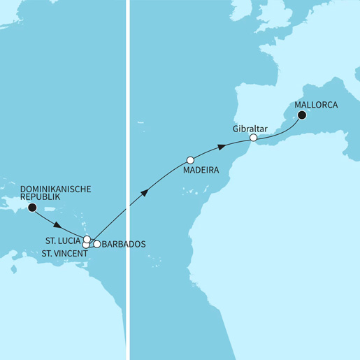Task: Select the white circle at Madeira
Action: click(190, 159)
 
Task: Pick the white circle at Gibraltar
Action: click(254, 138)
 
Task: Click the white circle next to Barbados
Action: click(97, 244)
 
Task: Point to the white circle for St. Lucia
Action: click(87, 240)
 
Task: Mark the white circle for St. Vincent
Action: click(87, 245)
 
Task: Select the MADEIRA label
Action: click(201, 170)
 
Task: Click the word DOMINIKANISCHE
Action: click(62, 189)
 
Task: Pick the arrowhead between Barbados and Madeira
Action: click(143, 192)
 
